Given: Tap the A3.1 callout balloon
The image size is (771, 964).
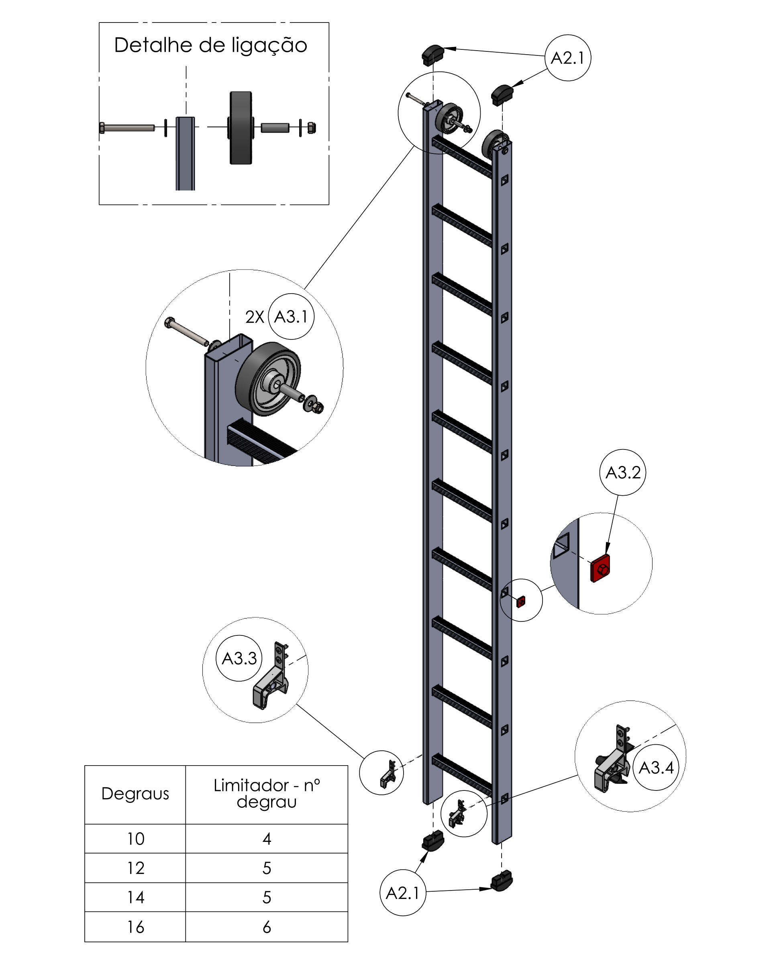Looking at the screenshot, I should coord(291,317).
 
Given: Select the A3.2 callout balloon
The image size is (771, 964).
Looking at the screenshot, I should coord(622,472).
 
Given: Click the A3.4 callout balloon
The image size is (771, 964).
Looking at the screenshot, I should coord(656,767).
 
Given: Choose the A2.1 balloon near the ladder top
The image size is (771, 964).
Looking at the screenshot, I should coord(568,58).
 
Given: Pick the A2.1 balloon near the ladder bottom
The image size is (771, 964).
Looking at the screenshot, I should coord(402,893).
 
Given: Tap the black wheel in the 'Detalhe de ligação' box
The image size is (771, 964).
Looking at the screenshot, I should coord(241,128).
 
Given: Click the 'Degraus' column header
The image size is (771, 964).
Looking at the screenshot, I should coord(135,794).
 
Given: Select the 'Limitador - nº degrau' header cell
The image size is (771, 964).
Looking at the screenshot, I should coord(266,794).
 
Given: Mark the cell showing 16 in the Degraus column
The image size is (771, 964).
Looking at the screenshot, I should coord(135,927).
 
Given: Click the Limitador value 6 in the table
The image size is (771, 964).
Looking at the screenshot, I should coord(266,927).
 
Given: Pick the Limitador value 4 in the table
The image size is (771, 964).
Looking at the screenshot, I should coord(266,838).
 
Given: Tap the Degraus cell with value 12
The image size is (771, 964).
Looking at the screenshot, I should coord(135,868).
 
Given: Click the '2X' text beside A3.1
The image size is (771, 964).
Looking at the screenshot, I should coord(254,317).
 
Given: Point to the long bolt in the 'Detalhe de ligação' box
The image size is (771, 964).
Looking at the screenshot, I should coord(127,128).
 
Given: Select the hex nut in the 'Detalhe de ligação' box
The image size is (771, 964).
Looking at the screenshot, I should coord(312,128).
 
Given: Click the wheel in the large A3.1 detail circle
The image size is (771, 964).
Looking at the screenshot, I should coord(269,379).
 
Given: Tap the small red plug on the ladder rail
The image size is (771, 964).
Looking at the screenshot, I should coord(521,601).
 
